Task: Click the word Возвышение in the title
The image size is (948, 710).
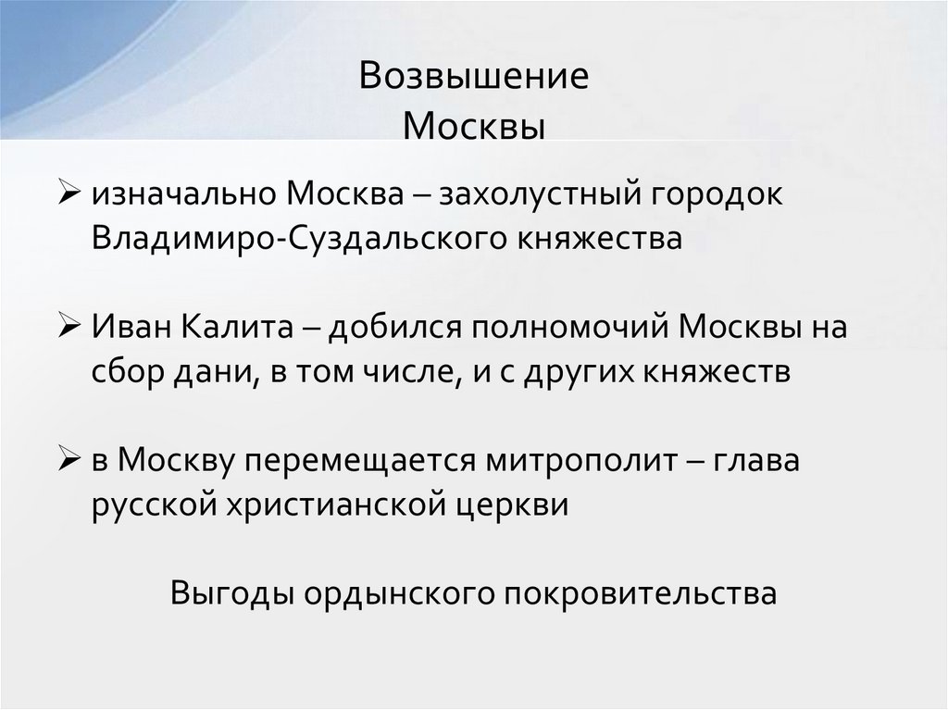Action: click(x=473, y=77)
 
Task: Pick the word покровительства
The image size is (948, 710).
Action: click(x=640, y=592)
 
